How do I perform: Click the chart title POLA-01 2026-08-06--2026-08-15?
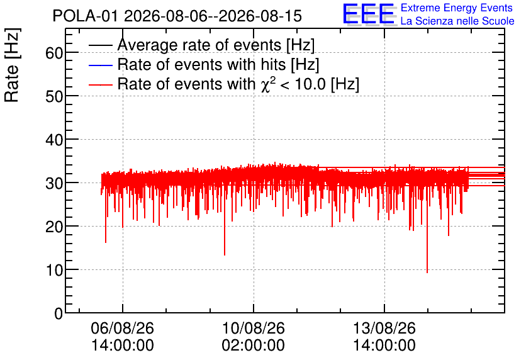pyautogui.click(x=177, y=16)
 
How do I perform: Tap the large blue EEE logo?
pyautogui.click(x=369, y=14)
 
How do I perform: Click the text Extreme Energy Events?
pyautogui.click(x=457, y=8)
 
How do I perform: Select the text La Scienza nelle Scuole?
pyautogui.click(x=457, y=21)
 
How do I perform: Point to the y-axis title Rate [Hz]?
pyautogui.click(x=12, y=65)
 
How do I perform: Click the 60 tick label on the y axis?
pyautogui.click(x=54, y=53)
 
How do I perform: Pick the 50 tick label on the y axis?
pyautogui.click(x=54, y=97)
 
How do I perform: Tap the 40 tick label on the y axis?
pyautogui.click(x=54, y=140)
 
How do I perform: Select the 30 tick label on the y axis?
pyautogui.click(x=54, y=184)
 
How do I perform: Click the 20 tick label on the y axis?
pyautogui.click(x=54, y=227)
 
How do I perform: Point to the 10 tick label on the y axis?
pyautogui.click(x=54, y=270)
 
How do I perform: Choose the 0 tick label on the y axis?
pyautogui.click(x=59, y=313)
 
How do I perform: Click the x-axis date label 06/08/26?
pyautogui.click(x=123, y=328)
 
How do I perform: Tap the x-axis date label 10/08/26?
pyautogui.click(x=254, y=328)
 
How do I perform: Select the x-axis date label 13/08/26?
pyautogui.click(x=384, y=328)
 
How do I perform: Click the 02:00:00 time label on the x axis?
pyautogui.click(x=254, y=346)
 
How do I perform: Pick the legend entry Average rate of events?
pyautogui.click(x=201, y=45)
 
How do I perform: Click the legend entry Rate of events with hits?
pyautogui.click(x=204, y=64)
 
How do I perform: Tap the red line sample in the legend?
pyautogui.click(x=100, y=84)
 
